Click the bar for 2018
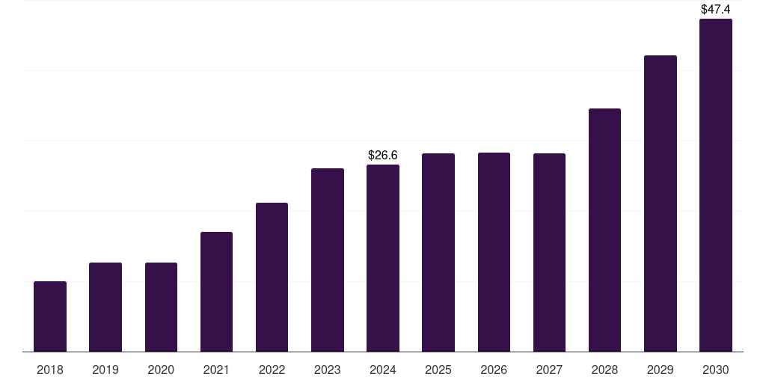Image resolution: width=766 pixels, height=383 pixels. [50, 316]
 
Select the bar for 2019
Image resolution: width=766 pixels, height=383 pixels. [105, 307]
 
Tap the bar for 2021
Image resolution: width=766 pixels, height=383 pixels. [216, 292]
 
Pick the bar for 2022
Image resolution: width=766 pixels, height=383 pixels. [272, 277]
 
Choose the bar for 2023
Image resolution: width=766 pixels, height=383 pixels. [328, 260]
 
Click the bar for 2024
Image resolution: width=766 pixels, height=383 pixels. [383, 258]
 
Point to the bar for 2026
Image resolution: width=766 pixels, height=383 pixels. [494, 252]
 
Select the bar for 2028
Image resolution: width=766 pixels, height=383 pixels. [604, 230]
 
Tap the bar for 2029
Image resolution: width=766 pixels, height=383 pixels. [660, 203]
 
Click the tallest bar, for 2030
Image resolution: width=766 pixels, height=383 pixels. [715, 185]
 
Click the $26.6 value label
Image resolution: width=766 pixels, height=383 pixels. [383, 155]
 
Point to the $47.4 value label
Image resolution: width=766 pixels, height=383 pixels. [715, 10]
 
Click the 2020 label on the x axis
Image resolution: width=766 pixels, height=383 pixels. [161, 370]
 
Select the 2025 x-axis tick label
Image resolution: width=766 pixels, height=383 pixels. [438, 370]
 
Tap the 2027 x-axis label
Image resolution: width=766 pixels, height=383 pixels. [549, 370]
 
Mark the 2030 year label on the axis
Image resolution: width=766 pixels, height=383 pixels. [715, 370]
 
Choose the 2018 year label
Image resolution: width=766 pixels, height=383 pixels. [50, 370]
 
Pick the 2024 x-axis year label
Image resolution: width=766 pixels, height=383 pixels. [383, 370]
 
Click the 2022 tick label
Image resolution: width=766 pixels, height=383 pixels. [272, 370]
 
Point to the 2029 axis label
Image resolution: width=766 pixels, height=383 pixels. [660, 370]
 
